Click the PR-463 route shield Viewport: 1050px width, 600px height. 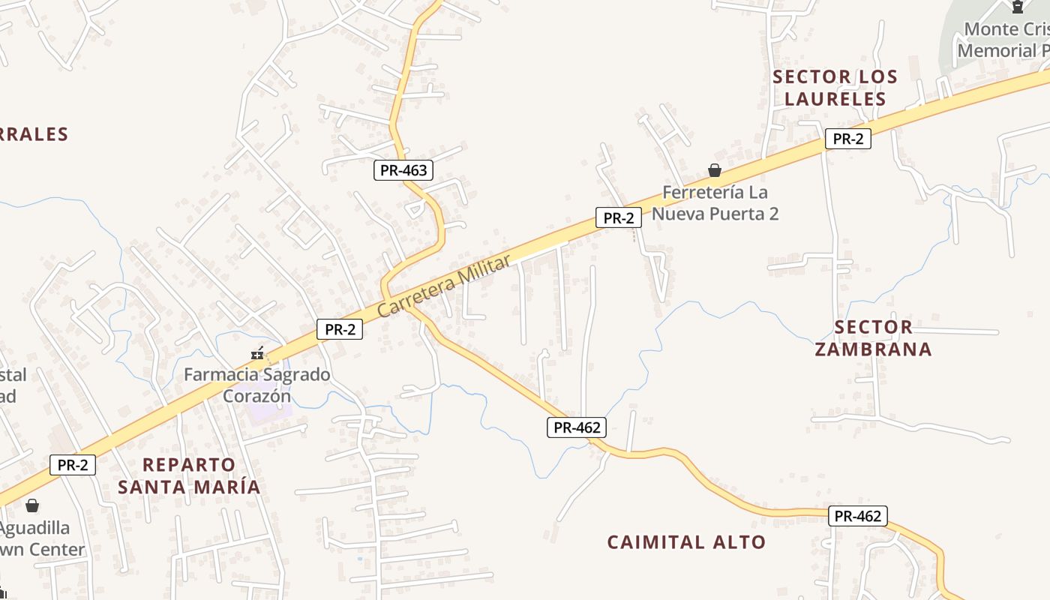click(x=403, y=170)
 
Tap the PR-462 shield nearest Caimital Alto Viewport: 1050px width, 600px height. click(x=858, y=516)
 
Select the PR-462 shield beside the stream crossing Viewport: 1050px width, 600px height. click(x=576, y=427)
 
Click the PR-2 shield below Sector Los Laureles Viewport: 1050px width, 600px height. click(x=847, y=139)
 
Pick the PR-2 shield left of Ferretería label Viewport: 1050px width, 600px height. click(x=619, y=218)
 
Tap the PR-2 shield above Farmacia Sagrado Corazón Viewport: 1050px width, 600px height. click(x=340, y=329)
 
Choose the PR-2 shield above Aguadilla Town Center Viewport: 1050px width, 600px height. click(x=73, y=465)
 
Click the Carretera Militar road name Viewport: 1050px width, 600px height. click(x=443, y=285)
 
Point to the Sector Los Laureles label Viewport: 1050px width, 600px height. click(x=835, y=88)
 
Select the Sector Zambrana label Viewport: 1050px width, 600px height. click(x=874, y=338)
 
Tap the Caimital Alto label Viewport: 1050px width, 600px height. click(x=686, y=542)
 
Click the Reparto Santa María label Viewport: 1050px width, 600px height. click(x=189, y=475)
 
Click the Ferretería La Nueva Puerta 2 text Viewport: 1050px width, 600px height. click(x=715, y=203)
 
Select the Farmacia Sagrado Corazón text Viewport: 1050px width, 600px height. click(x=257, y=385)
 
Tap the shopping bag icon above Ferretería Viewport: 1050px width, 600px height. click(x=715, y=171)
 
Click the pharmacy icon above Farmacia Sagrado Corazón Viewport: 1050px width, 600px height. click(x=257, y=353)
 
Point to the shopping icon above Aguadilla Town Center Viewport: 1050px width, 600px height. click(x=31, y=505)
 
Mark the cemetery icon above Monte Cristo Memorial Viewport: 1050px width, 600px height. click(x=1018, y=7)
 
